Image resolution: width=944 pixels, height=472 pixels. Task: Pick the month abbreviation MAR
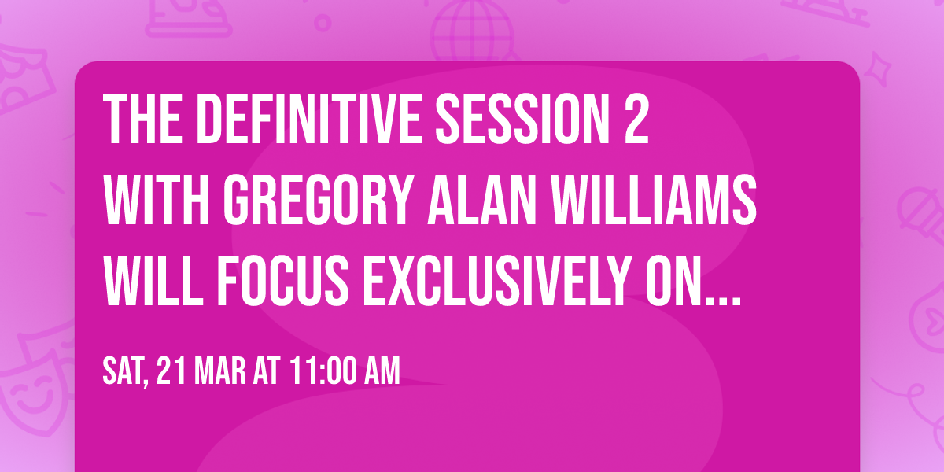(x=218, y=371)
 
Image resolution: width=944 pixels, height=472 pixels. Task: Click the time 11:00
(x=322, y=371)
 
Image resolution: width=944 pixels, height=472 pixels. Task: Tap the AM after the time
(x=381, y=371)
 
